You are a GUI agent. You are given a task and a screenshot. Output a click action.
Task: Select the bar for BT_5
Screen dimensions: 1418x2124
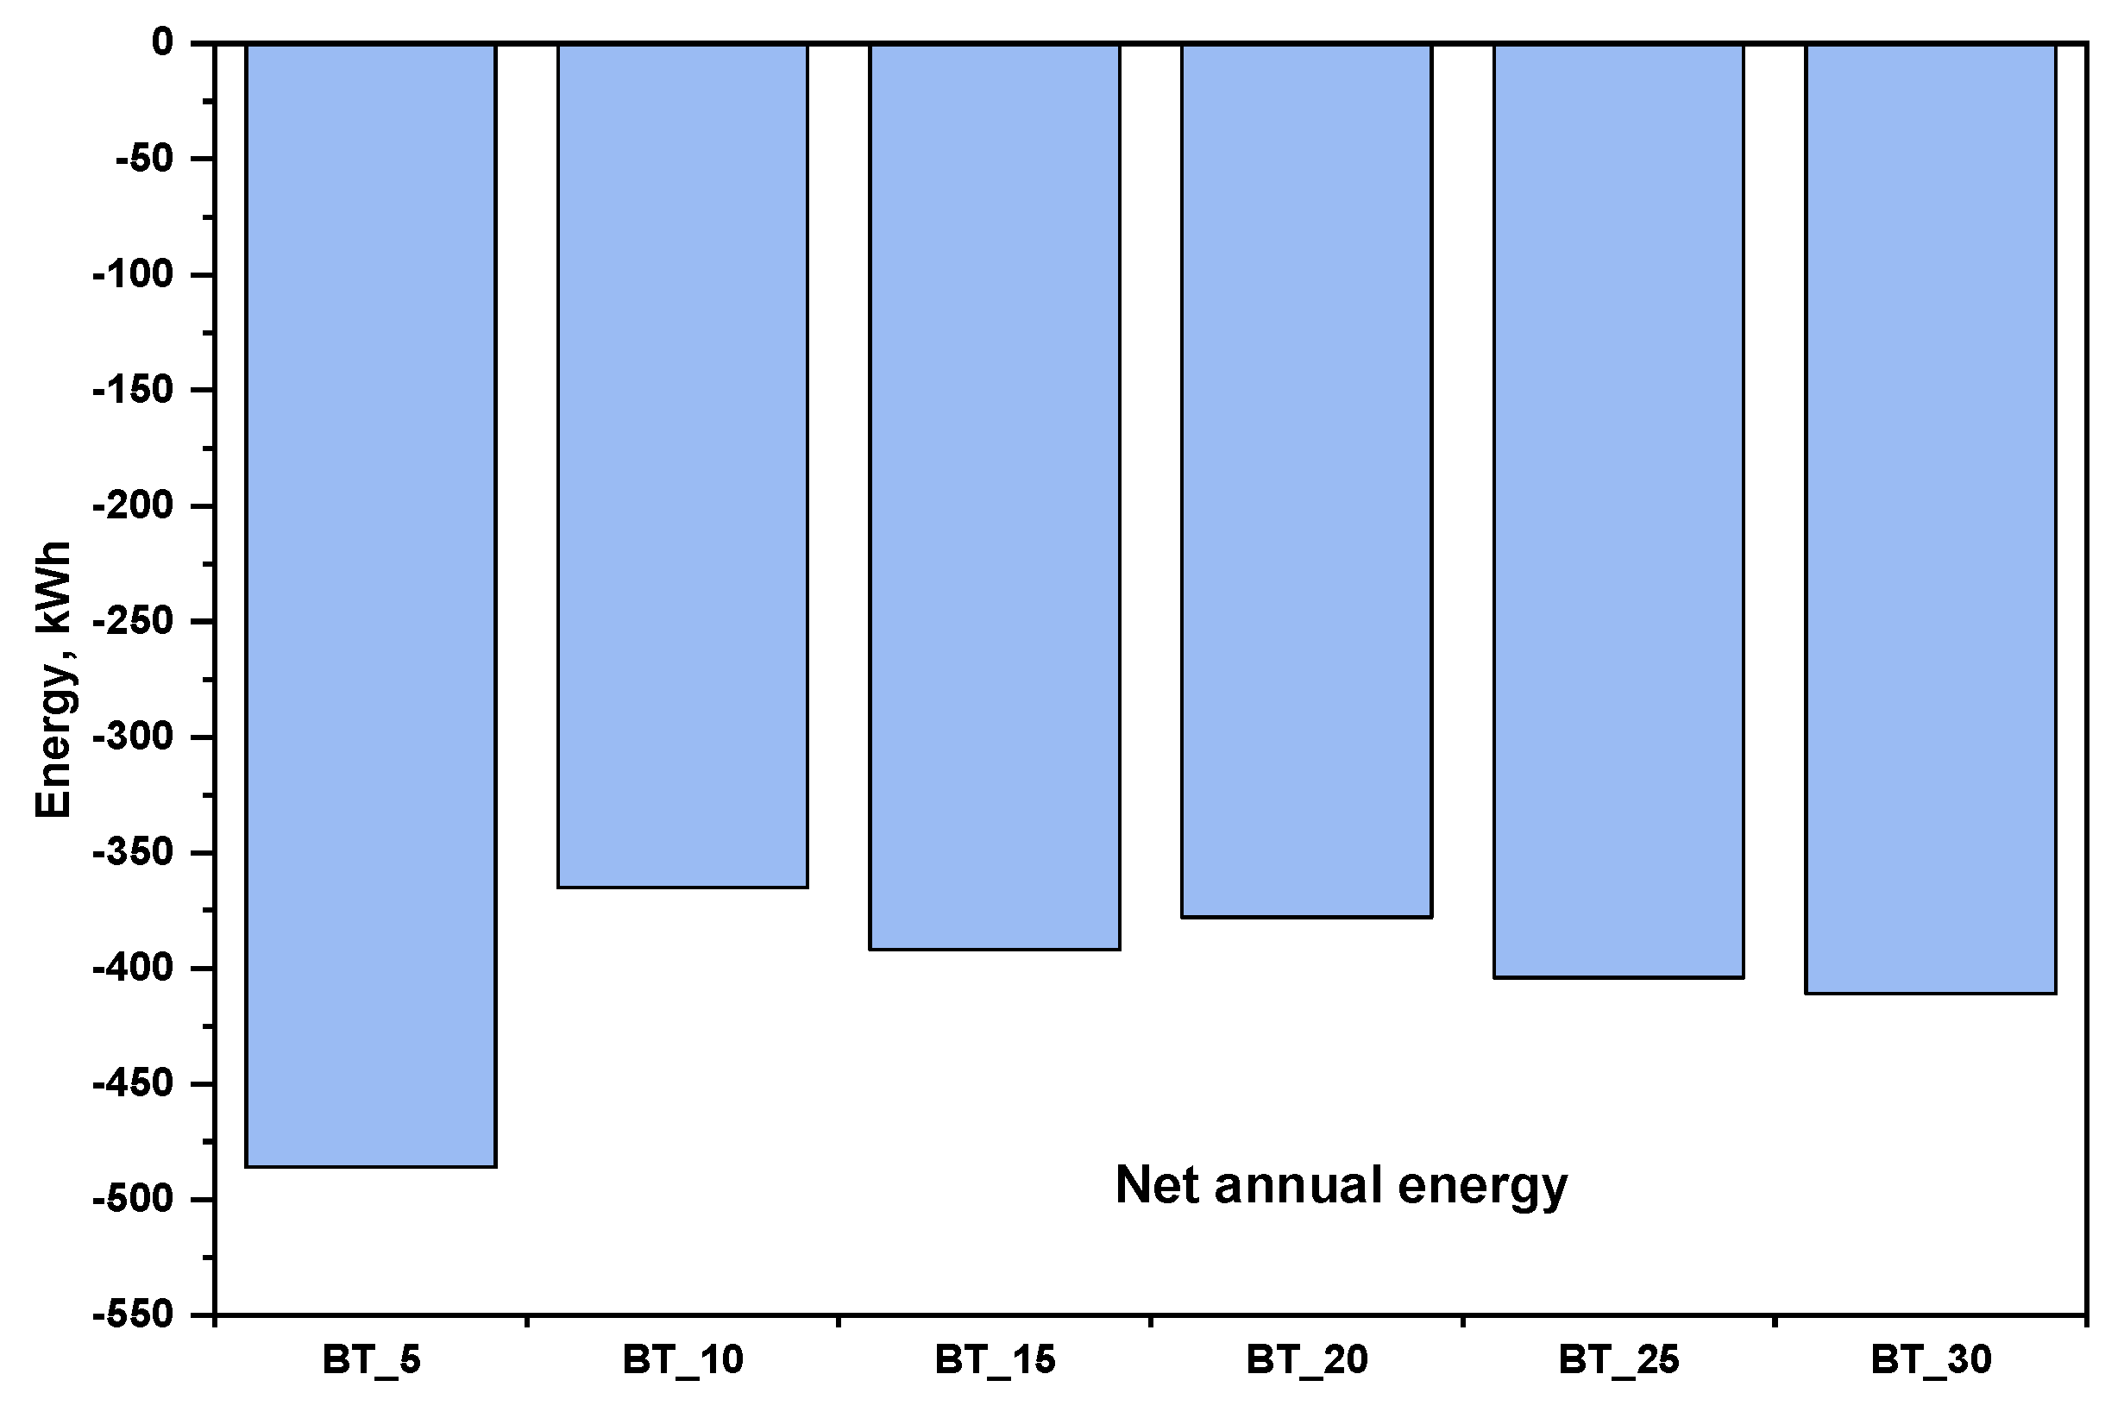coord(370,605)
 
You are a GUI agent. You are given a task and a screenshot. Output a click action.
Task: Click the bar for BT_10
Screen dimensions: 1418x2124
coord(682,466)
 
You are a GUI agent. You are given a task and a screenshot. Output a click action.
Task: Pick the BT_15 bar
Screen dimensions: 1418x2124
coord(994,497)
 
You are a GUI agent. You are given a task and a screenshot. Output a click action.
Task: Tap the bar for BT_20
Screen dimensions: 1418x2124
coord(1306,480)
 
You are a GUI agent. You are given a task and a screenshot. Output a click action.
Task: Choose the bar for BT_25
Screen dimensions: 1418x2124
coord(1618,511)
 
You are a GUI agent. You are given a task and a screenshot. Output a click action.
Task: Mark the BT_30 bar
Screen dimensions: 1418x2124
coord(1931,519)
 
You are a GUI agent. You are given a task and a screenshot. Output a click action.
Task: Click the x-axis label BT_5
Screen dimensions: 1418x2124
coord(371,1360)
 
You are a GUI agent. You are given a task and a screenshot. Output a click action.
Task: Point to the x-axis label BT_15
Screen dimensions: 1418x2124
coord(994,1360)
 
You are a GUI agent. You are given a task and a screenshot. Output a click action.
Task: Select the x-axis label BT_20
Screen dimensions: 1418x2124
coord(1306,1360)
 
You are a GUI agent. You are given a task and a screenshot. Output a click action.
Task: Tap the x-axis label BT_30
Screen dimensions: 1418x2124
coord(1931,1360)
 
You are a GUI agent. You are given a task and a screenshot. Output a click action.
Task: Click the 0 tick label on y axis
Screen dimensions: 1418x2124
coord(162,42)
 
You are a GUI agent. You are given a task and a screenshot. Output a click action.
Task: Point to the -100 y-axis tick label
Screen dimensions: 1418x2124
coord(133,274)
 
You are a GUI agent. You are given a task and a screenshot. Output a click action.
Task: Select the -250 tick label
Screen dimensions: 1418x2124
coord(133,621)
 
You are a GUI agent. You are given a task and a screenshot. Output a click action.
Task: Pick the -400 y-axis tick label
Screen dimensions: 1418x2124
coord(133,969)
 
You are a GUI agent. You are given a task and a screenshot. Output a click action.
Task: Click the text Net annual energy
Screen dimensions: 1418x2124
coord(1341,1186)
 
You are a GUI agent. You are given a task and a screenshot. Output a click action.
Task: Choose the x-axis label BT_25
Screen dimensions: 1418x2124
coord(1618,1360)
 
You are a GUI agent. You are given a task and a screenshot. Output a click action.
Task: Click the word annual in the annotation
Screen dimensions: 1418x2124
coord(1298,1186)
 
